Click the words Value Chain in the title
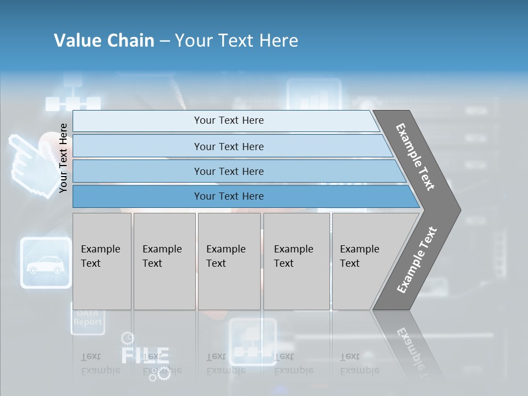click(104, 40)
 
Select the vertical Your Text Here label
click(63, 158)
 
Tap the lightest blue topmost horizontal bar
click(229, 120)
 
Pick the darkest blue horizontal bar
click(229, 196)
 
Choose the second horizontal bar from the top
click(229, 146)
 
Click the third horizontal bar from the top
click(229, 171)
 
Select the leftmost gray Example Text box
click(102, 261)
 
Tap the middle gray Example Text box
click(229, 261)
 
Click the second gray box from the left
click(164, 261)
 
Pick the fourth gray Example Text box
click(296, 261)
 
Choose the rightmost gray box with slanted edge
click(366, 261)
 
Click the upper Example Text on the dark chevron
click(415, 157)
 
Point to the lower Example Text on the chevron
click(417, 260)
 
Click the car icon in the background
click(46, 263)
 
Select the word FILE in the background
click(144, 355)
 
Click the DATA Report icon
click(87, 318)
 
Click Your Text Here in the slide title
click(237, 40)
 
